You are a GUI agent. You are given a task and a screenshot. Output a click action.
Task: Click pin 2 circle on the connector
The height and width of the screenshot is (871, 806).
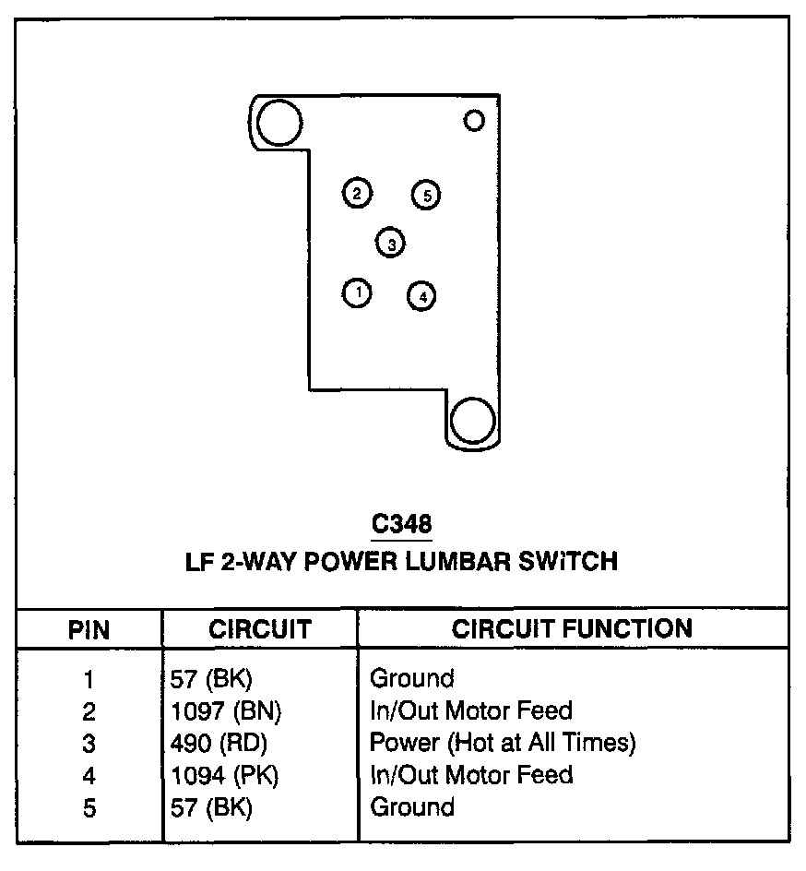tap(357, 193)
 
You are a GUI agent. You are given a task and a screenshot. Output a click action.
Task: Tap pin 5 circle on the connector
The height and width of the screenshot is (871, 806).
tap(426, 195)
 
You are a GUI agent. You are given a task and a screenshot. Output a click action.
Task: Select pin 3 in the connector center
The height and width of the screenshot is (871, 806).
tap(391, 244)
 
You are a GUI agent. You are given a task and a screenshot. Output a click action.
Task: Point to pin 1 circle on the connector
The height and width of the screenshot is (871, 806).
tap(357, 293)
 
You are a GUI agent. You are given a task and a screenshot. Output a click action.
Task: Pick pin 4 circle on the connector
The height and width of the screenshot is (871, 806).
tap(421, 296)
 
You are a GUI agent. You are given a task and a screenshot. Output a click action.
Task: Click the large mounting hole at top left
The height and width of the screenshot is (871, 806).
tap(279, 122)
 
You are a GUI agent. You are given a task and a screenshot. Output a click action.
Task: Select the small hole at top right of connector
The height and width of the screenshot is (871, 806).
tap(474, 120)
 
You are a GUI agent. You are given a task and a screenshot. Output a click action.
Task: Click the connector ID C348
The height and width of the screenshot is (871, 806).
tap(401, 524)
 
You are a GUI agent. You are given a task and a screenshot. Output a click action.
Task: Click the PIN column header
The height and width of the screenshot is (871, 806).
tap(89, 630)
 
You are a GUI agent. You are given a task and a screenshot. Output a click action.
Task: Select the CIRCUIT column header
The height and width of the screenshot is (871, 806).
tap(259, 630)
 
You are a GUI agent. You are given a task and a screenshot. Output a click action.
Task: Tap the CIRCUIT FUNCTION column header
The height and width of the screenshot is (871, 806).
tap(572, 629)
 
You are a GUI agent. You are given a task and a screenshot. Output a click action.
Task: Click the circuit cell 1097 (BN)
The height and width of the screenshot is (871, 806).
tap(226, 710)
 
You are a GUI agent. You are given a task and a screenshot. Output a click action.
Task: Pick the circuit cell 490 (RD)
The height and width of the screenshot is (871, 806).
tap(219, 743)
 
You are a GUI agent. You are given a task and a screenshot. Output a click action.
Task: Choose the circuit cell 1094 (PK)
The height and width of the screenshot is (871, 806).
tap(225, 775)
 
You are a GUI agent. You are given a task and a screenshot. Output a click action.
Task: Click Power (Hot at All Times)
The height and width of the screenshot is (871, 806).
tap(503, 742)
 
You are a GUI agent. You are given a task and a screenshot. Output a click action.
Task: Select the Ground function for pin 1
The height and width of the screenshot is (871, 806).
tap(412, 678)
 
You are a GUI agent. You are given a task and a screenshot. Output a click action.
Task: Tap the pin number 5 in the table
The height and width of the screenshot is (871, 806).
tap(89, 807)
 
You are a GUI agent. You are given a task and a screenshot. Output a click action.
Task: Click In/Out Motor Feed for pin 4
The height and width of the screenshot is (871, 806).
tap(471, 774)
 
